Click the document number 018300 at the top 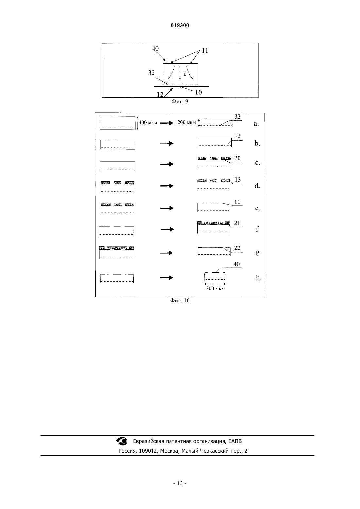[x=180, y=25]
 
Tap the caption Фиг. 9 [x=180, y=101]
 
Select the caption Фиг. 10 [x=180, y=300]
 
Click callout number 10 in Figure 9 [x=198, y=92]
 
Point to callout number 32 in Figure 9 [x=151, y=73]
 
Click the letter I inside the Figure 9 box [x=185, y=74]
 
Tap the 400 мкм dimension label [x=148, y=122]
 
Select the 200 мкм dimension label [x=187, y=122]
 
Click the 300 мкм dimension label [x=215, y=289]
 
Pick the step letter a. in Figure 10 [x=256, y=124]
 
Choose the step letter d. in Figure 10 [x=257, y=186]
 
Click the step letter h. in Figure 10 [x=259, y=278]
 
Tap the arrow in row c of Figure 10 [x=167, y=164]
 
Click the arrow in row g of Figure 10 [x=166, y=253]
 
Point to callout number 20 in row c [x=237, y=158]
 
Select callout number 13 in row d [x=238, y=180]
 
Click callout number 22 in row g [x=237, y=248]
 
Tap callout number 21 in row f [x=237, y=223]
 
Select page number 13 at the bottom [x=180, y=483]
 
